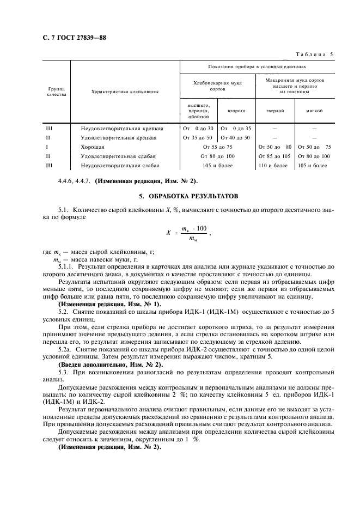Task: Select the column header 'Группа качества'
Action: click(57, 91)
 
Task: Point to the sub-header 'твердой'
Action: click(274, 110)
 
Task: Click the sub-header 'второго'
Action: click(236, 110)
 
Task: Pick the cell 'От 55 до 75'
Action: click(217, 147)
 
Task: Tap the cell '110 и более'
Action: click(274, 165)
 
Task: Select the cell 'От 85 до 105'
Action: click(274, 156)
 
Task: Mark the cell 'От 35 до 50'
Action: click(198, 137)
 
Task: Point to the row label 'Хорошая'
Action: click(93, 147)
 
